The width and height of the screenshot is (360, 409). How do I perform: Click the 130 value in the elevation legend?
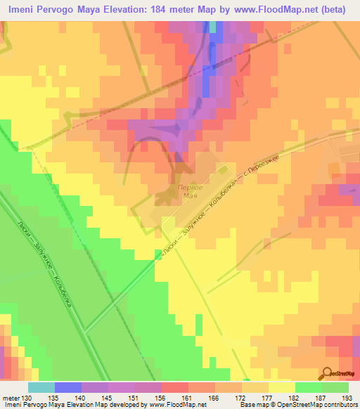[x=27, y=398]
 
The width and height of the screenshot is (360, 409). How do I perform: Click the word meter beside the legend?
[x=10, y=398]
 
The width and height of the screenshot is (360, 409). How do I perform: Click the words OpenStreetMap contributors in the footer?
[x=319, y=405]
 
